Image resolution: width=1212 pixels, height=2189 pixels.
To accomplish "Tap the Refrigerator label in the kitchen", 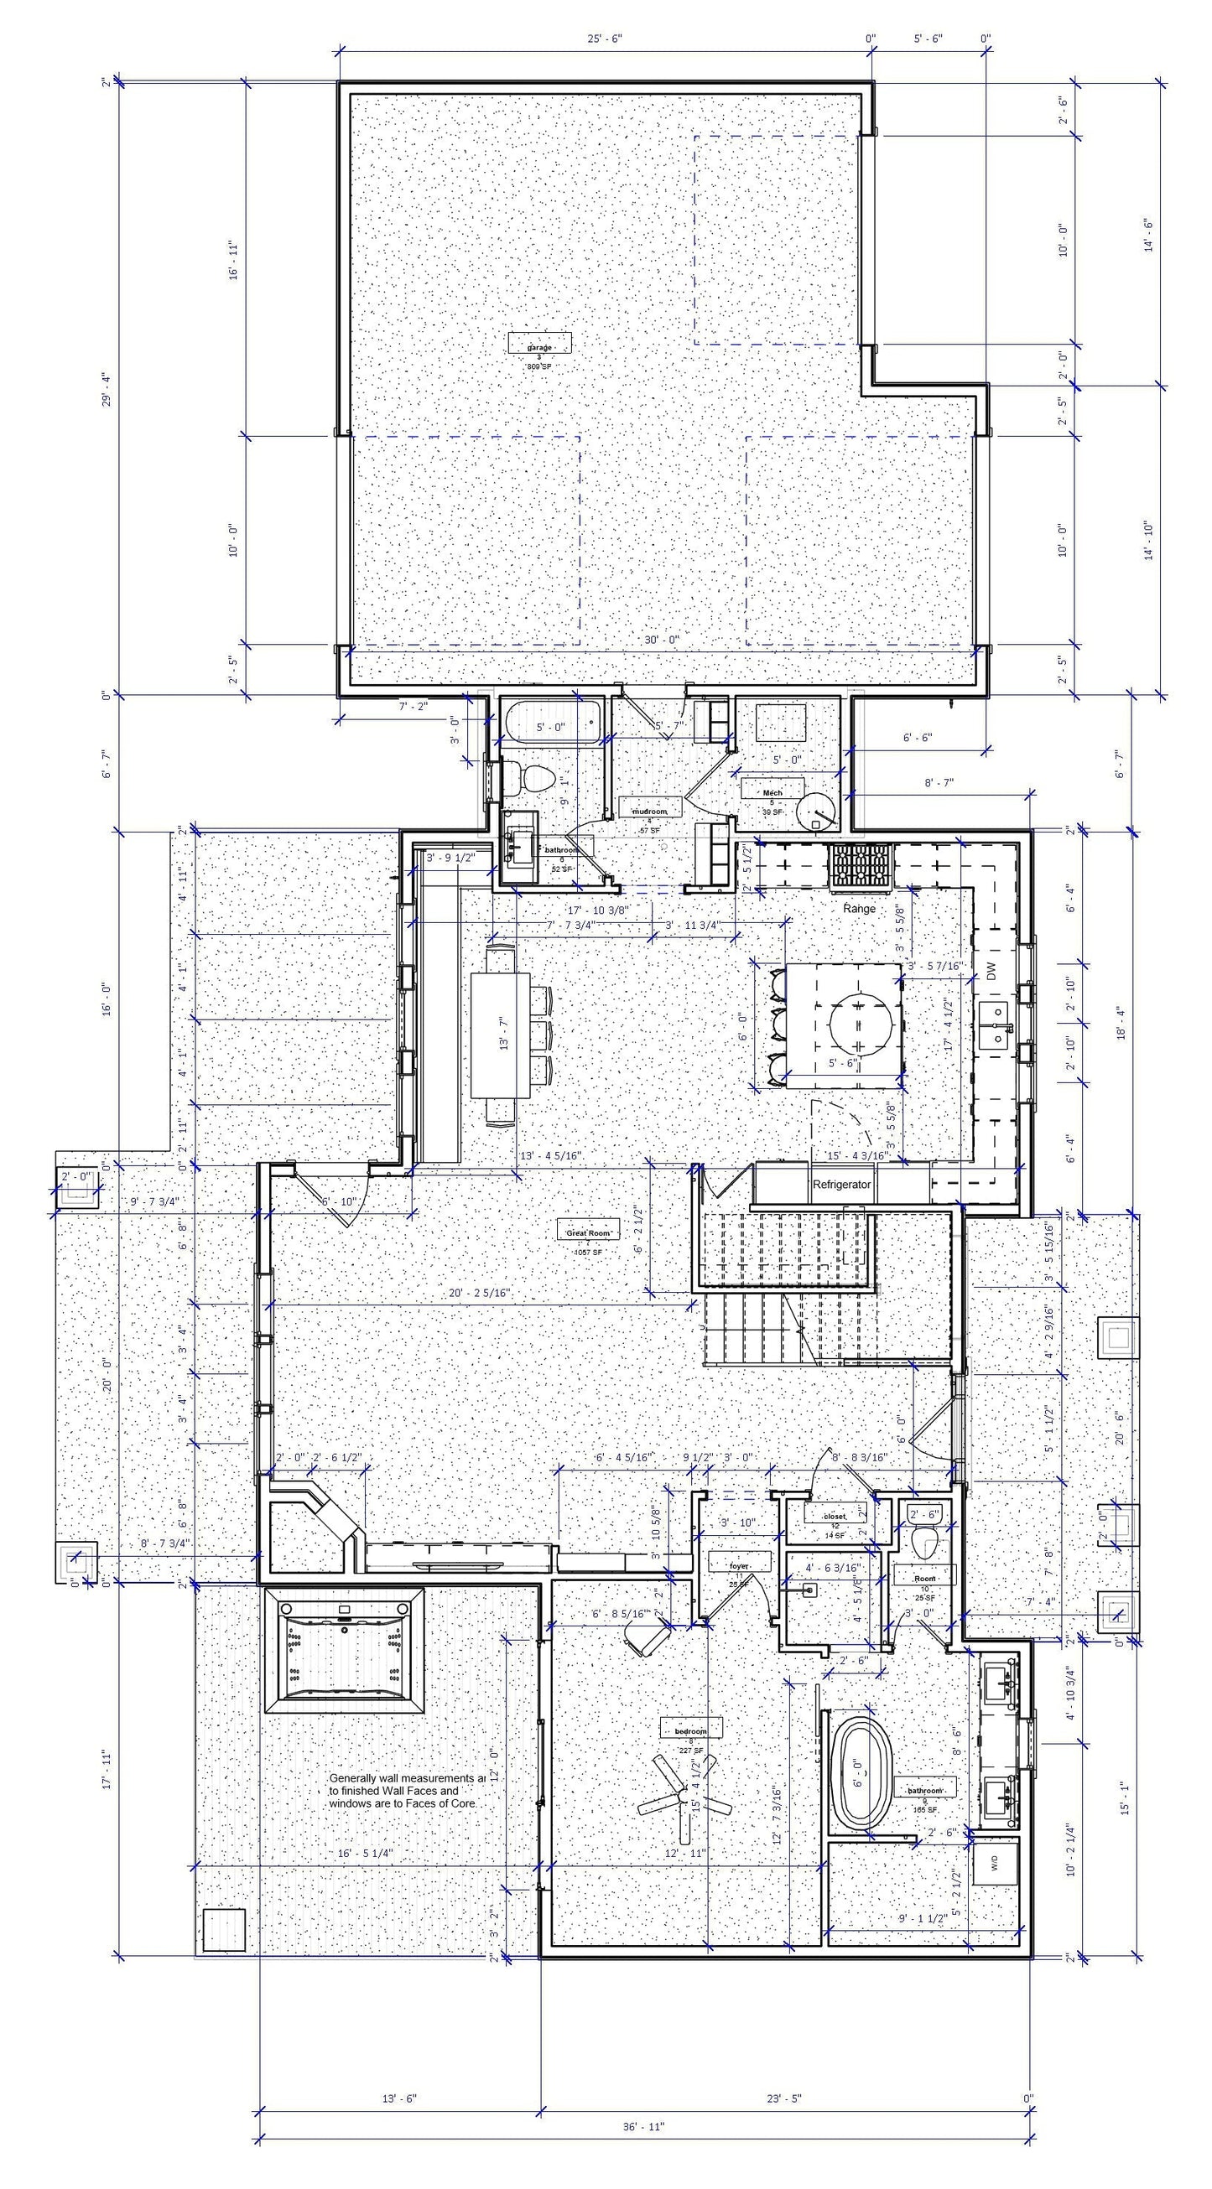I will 841,1184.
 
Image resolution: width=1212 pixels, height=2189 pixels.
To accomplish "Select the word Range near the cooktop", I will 858,909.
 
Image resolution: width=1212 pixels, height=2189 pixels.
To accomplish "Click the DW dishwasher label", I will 991,972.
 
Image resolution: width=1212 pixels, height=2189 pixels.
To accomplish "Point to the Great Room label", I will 587,1232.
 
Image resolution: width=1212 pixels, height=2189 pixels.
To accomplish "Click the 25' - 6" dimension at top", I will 604,39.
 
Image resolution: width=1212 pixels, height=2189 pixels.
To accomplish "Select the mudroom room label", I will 650,811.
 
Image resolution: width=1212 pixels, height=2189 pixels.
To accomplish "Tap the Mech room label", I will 772,792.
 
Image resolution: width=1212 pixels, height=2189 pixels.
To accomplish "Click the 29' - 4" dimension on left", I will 107,389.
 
